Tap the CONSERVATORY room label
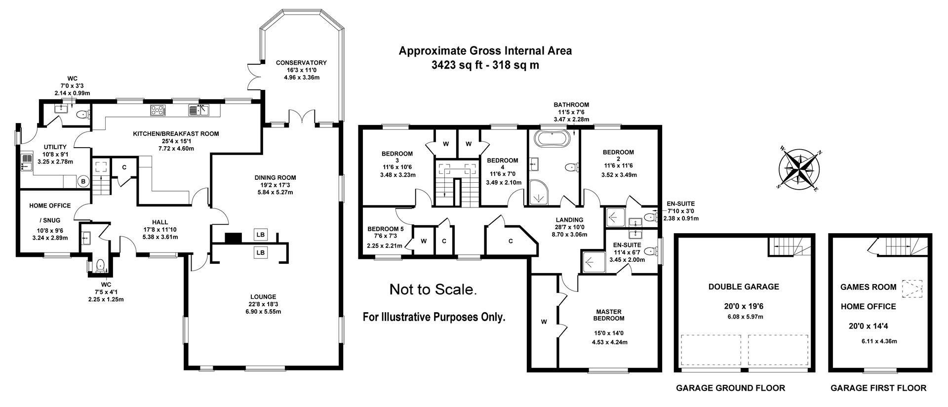pyautogui.click(x=301, y=63)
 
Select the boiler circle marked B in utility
pyautogui.click(x=83, y=181)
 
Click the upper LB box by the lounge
pyautogui.click(x=260, y=235)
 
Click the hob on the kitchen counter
pyautogui.click(x=158, y=110)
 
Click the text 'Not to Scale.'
pyautogui.click(x=433, y=289)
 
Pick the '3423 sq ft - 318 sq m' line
pyautogui.click(x=485, y=65)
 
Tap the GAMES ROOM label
pyautogui.click(x=868, y=286)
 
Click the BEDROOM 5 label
pyautogui.click(x=385, y=229)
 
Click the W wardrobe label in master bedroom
pyautogui.click(x=544, y=322)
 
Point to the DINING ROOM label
pyautogui.click(x=275, y=178)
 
